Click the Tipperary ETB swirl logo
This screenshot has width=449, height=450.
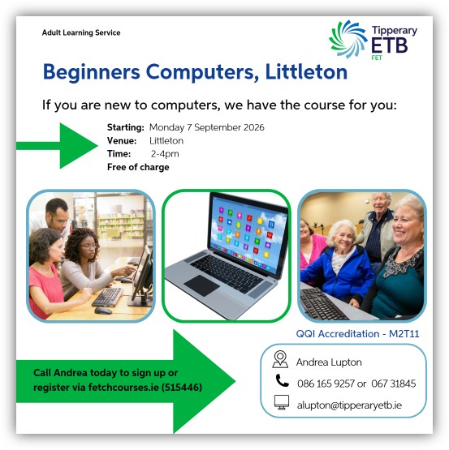click(x=348, y=39)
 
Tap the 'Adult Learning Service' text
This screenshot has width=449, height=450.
click(x=81, y=32)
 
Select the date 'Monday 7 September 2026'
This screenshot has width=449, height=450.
click(x=207, y=127)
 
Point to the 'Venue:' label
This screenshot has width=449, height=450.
click(x=122, y=140)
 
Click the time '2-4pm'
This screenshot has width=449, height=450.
click(x=165, y=154)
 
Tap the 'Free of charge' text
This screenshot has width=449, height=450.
click(x=138, y=167)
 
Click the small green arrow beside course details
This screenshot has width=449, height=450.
click(x=57, y=145)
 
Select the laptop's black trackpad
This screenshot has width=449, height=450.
click(x=202, y=285)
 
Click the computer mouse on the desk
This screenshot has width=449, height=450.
click(x=103, y=311)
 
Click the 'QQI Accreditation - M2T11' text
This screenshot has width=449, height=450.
click(x=357, y=334)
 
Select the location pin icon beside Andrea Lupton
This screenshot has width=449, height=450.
click(x=280, y=359)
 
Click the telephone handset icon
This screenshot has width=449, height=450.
click(x=282, y=380)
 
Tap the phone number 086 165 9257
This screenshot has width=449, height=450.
click(x=326, y=384)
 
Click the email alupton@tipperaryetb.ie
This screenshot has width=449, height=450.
click(x=349, y=405)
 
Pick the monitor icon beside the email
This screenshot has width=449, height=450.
click(x=282, y=402)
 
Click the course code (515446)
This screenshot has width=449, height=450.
click(x=182, y=388)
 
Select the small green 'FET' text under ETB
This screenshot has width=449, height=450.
click(x=377, y=58)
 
